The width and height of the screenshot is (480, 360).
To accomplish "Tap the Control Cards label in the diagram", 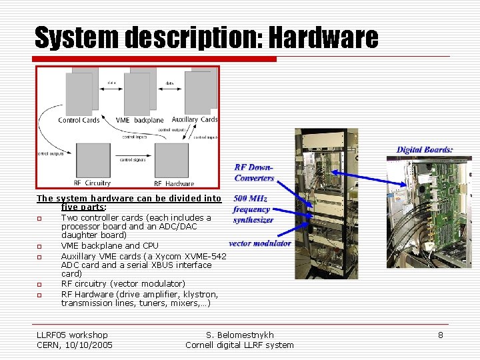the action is (79, 120).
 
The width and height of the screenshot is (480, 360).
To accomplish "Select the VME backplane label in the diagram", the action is (140, 120).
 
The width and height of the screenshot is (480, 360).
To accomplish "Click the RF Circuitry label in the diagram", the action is (92, 183).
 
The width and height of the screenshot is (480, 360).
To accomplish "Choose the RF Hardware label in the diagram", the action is (174, 183).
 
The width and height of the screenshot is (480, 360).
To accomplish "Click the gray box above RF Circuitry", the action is (93, 160).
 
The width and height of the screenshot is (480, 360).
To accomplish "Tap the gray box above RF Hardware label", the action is (173, 161).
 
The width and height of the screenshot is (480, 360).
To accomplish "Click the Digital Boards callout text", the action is (425, 150).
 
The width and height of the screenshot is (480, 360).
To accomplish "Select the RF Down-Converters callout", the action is (254, 173).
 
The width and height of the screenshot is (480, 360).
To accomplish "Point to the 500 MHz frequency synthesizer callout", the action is (252, 209).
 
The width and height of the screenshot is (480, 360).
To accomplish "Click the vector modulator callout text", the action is (260, 243).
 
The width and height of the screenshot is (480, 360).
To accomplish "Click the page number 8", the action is (440, 335).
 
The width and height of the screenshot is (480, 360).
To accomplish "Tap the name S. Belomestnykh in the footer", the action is (240, 335).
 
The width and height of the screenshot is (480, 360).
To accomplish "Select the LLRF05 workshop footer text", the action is (72, 335).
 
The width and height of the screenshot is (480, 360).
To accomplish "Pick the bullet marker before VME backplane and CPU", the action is (39, 246).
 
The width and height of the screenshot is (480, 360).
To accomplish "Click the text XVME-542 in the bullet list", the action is (207, 256).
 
